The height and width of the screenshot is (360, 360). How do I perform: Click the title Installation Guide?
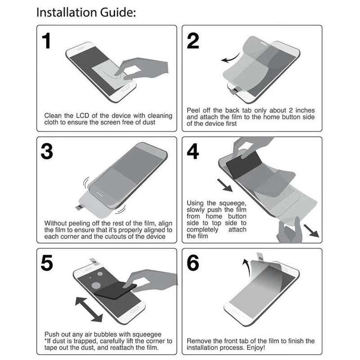point(85,13)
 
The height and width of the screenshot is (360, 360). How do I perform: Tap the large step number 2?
point(193,41)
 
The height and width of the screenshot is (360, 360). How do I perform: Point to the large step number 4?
point(193,152)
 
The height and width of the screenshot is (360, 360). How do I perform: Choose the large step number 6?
point(193,264)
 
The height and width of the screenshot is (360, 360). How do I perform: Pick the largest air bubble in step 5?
point(96,285)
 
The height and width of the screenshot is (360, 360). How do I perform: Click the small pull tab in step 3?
point(78,207)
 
